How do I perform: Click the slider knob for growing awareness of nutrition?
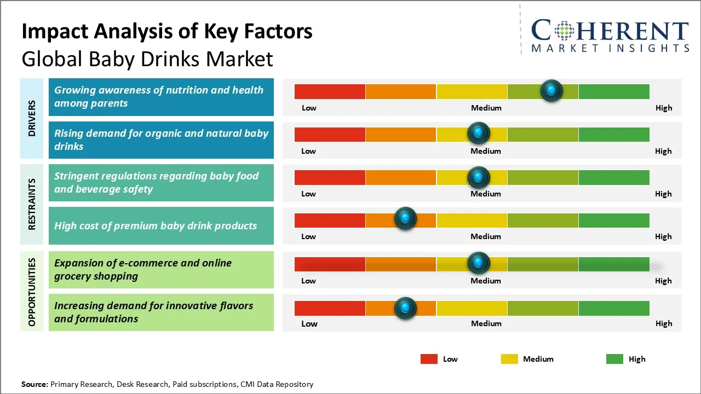pos(551,90)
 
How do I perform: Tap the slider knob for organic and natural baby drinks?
pos(479,133)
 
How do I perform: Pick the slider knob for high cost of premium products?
pos(405,219)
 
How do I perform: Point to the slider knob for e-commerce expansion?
pos(479,263)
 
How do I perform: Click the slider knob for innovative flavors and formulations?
pos(405,308)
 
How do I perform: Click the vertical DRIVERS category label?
pos(32,118)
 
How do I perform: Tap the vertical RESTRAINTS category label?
pos(32,204)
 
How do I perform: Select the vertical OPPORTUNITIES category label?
pos(32,292)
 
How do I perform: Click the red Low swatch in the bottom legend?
pos(429,359)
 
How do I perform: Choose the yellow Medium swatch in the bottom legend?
pos(509,359)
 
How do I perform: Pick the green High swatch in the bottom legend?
pos(614,359)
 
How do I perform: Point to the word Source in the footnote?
pos(34,384)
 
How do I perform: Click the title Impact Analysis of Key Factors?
pos(166,31)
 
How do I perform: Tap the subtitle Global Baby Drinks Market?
pos(147,59)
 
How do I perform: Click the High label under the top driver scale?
pos(664,108)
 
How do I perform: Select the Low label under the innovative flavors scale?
pos(309,323)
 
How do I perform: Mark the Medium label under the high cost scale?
pos(486,236)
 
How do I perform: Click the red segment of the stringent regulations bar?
pos(330,177)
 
